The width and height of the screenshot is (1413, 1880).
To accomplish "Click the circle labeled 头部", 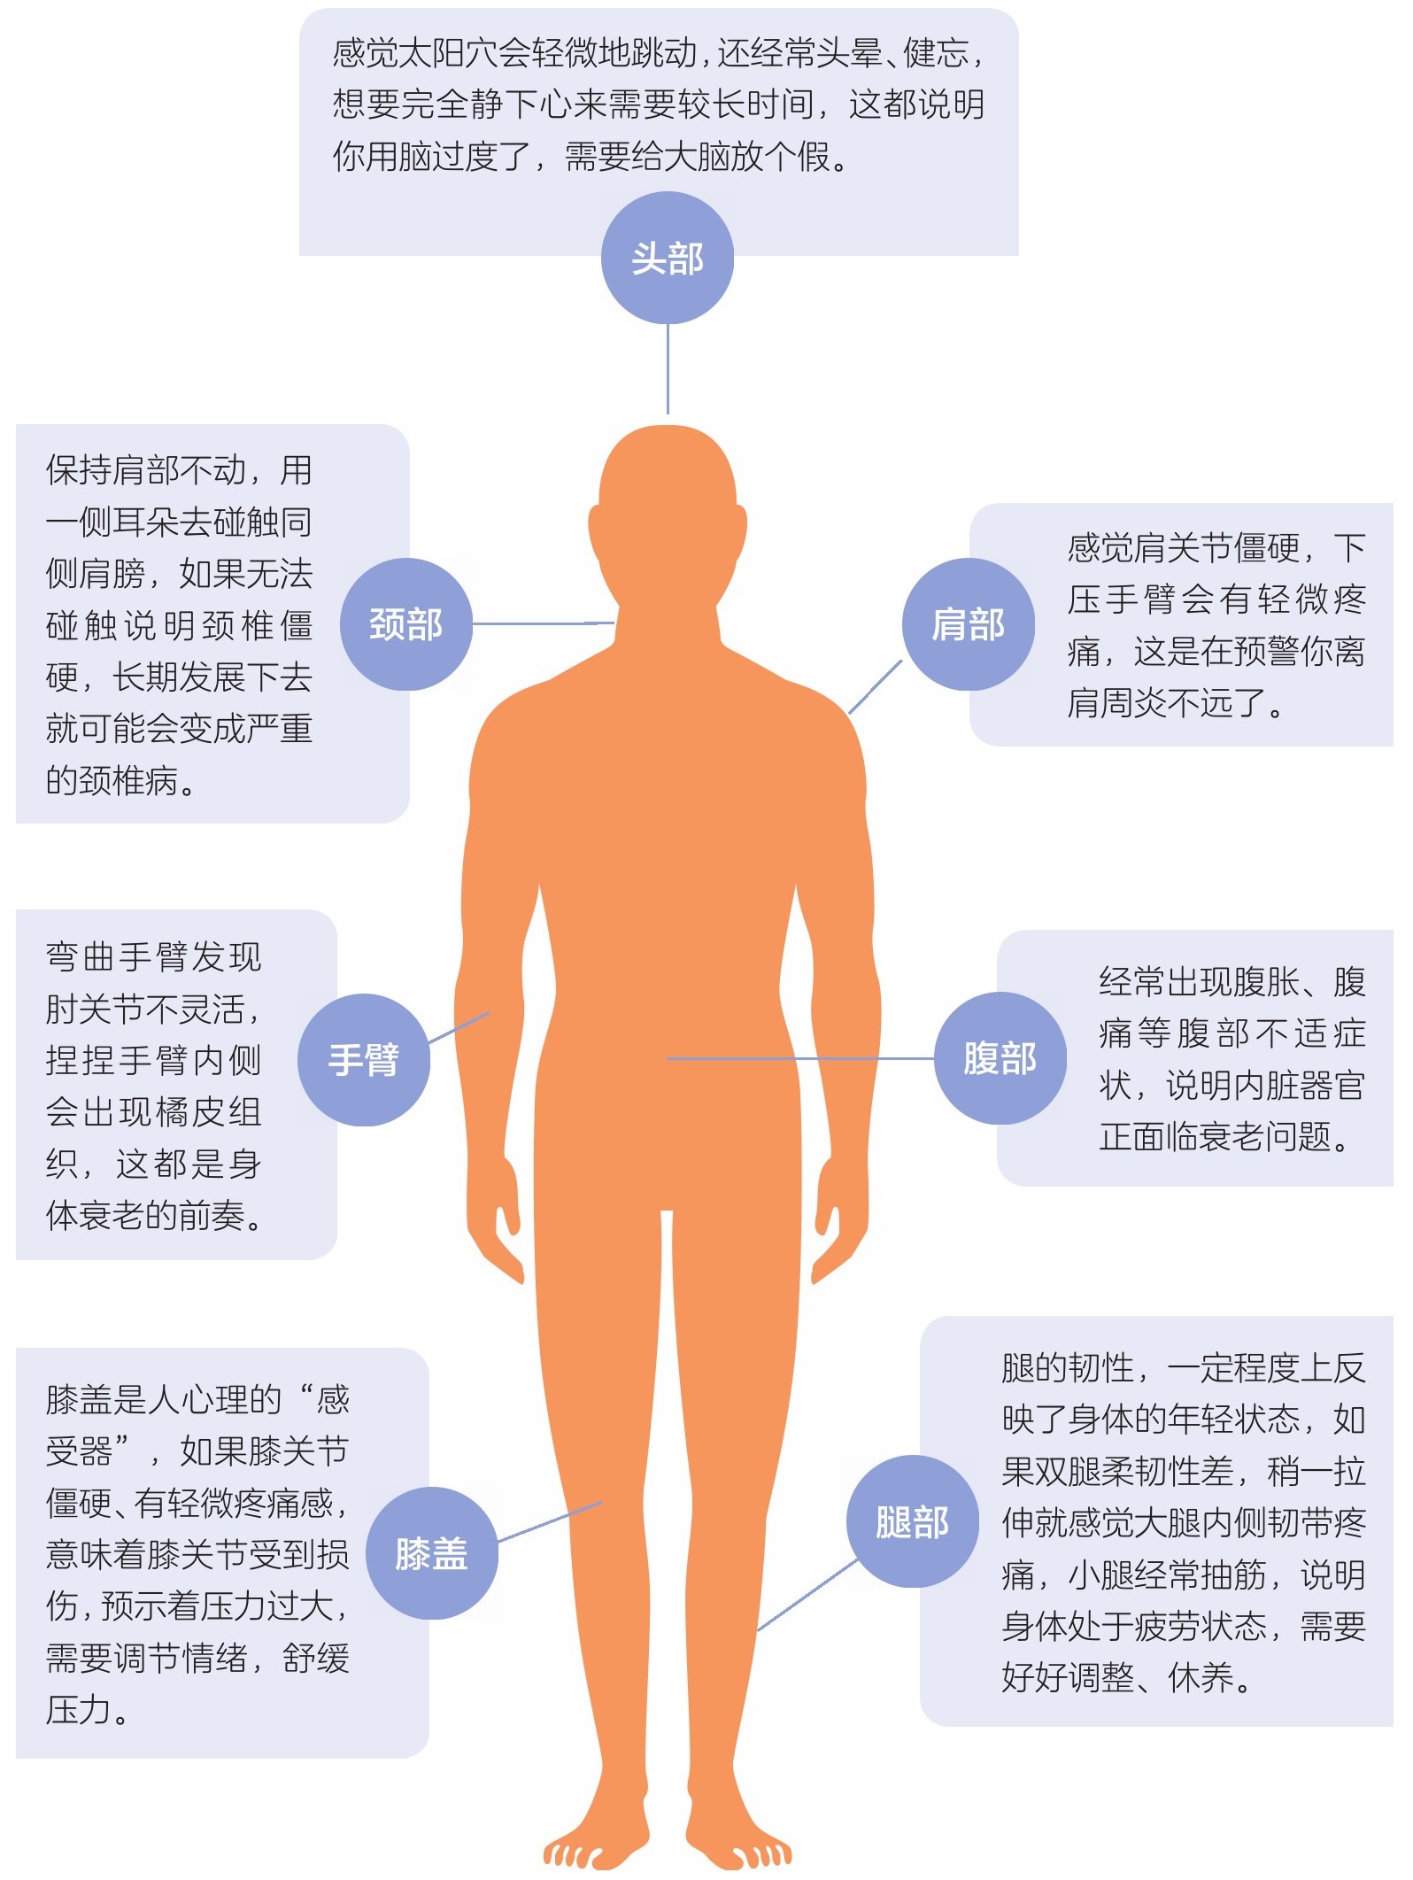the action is (668, 258).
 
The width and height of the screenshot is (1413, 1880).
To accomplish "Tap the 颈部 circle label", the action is (406, 624).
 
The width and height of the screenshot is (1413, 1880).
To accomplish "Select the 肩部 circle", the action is (969, 624).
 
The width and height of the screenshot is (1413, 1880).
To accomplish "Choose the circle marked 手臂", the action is (364, 1060).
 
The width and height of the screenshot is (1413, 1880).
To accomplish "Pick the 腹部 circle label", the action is (1000, 1058).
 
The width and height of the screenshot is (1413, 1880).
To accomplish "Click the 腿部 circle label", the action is (913, 1521).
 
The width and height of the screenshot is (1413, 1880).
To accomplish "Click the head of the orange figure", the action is (668, 514).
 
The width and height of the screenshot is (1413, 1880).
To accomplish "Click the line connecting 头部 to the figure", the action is (668, 369).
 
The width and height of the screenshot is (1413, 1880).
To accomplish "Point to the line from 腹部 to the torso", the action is (800, 1058).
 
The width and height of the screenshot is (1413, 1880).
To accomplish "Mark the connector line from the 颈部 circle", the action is (544, 623).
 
